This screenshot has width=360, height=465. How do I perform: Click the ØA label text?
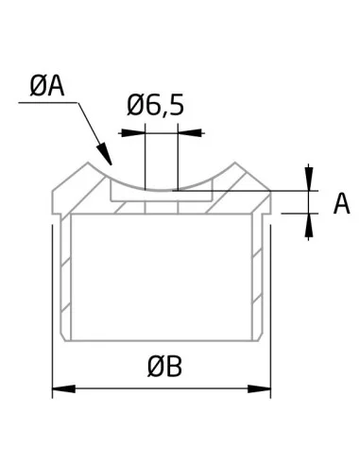point(47,87)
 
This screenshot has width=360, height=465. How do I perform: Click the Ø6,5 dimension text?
point(155,106)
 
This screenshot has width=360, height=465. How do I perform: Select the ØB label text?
point(164,367)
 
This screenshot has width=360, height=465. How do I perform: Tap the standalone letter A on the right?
point(341,203)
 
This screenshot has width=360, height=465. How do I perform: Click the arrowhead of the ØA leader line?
point(105,153)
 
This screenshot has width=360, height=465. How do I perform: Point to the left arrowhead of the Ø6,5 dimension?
point(131,133)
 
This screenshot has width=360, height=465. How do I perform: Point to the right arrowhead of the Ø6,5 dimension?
point(190,133)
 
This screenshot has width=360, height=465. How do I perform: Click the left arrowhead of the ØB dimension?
point(63,388)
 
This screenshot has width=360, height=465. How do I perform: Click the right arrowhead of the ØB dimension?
point(259,388)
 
